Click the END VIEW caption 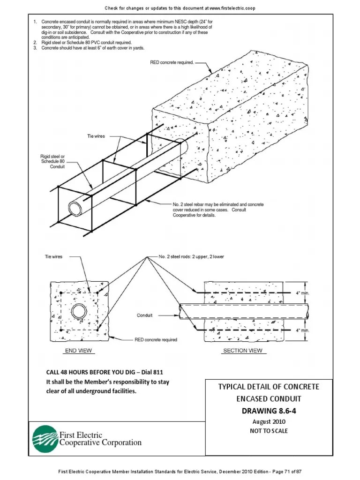78,351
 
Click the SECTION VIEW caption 242,351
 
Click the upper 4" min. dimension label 302,293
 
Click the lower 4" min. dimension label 302,330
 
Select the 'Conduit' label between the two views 144,315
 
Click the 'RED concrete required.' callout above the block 171,62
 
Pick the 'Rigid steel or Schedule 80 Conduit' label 52,161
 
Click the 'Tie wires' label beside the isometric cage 96,136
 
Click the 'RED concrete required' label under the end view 156,340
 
